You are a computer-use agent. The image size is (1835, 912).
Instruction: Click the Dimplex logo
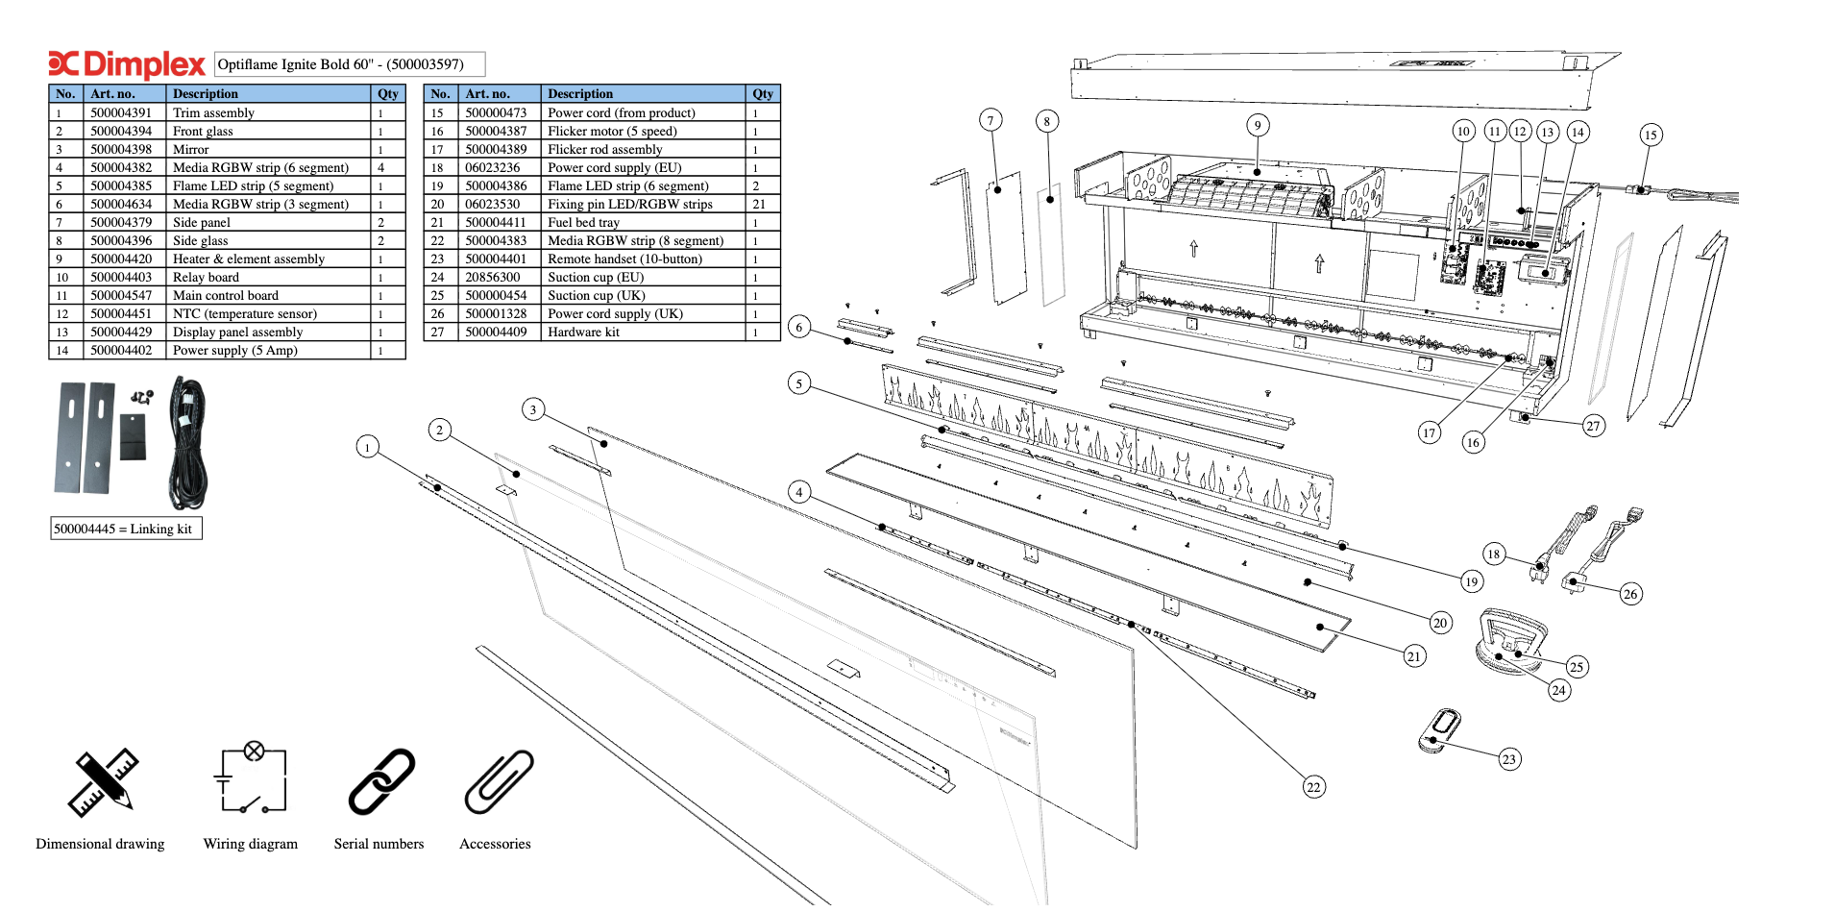(x=127, y=64)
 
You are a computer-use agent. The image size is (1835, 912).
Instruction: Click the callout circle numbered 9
(x=1258, y=125)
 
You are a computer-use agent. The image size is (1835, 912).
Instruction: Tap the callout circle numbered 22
(x=1313, y=787)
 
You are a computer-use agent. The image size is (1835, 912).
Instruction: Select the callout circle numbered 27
(x=1594, y=426)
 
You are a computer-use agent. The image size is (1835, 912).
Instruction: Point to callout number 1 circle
(x=367, y=447)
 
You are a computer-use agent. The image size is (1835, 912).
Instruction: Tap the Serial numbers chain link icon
(x=380, y=782)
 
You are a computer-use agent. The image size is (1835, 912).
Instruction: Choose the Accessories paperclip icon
(x=499, y=782)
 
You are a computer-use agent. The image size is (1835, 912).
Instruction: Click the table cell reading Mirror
(x=191, y=150)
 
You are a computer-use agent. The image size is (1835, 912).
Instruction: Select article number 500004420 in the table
(x=121, y=259)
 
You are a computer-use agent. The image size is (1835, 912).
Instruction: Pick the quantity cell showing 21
(x=759, y=205)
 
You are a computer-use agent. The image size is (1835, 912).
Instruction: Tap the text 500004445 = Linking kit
(x=124, y=530)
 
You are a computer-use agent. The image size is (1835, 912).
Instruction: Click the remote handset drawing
(x=1439, y=730)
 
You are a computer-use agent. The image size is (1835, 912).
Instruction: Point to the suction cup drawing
(x=1511, y=640)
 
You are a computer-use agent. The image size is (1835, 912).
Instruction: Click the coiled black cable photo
(x=188, y=442)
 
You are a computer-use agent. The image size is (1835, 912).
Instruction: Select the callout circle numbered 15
(x=1651, y=135)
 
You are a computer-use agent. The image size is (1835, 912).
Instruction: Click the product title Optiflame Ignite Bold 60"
(x=341, y=64)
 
